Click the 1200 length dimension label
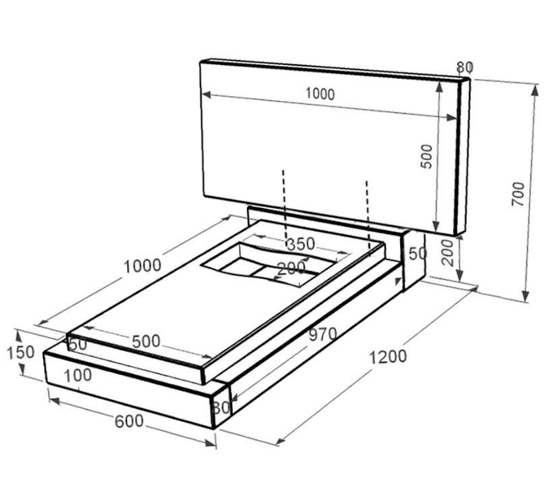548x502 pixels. pyautogui.click(x=388, y=357)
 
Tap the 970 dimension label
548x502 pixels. pyautogui.click(x=323, y=334)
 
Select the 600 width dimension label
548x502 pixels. pyautogui.click(x=129, y=421)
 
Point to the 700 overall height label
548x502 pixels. pyautogui.click(x=518, y=194)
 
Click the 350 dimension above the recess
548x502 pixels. pyautogui.click(x=300, y=244)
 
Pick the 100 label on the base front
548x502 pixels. pyautogui.click(x=78, y=376)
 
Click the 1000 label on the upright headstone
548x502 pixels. pyautogui.click(x=320, y=94)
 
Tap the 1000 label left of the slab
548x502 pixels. pyautogui.click(x=142, y=266)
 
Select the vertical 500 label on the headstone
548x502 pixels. pyautogui.click(x=427, y=156)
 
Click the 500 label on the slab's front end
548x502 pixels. pyautogui.click(x=146, y=341)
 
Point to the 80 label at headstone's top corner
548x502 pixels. pyautogui.click(x=465, y=67)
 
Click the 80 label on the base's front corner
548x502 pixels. pyautogui.click(x=221, y=407)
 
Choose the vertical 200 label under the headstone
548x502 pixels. pyautogui.click(x=447, y=253)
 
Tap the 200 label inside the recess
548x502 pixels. pyautogui.click(x=291, y=268)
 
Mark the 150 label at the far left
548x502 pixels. pyautogui.click(x=21, y=352)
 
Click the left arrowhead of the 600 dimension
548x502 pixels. pyautogui.click(x=54, y=401)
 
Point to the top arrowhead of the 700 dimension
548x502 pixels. pyautogui.click(x=535, y=90)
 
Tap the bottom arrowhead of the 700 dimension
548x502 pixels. pyautogui.click(x=526, y=296)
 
